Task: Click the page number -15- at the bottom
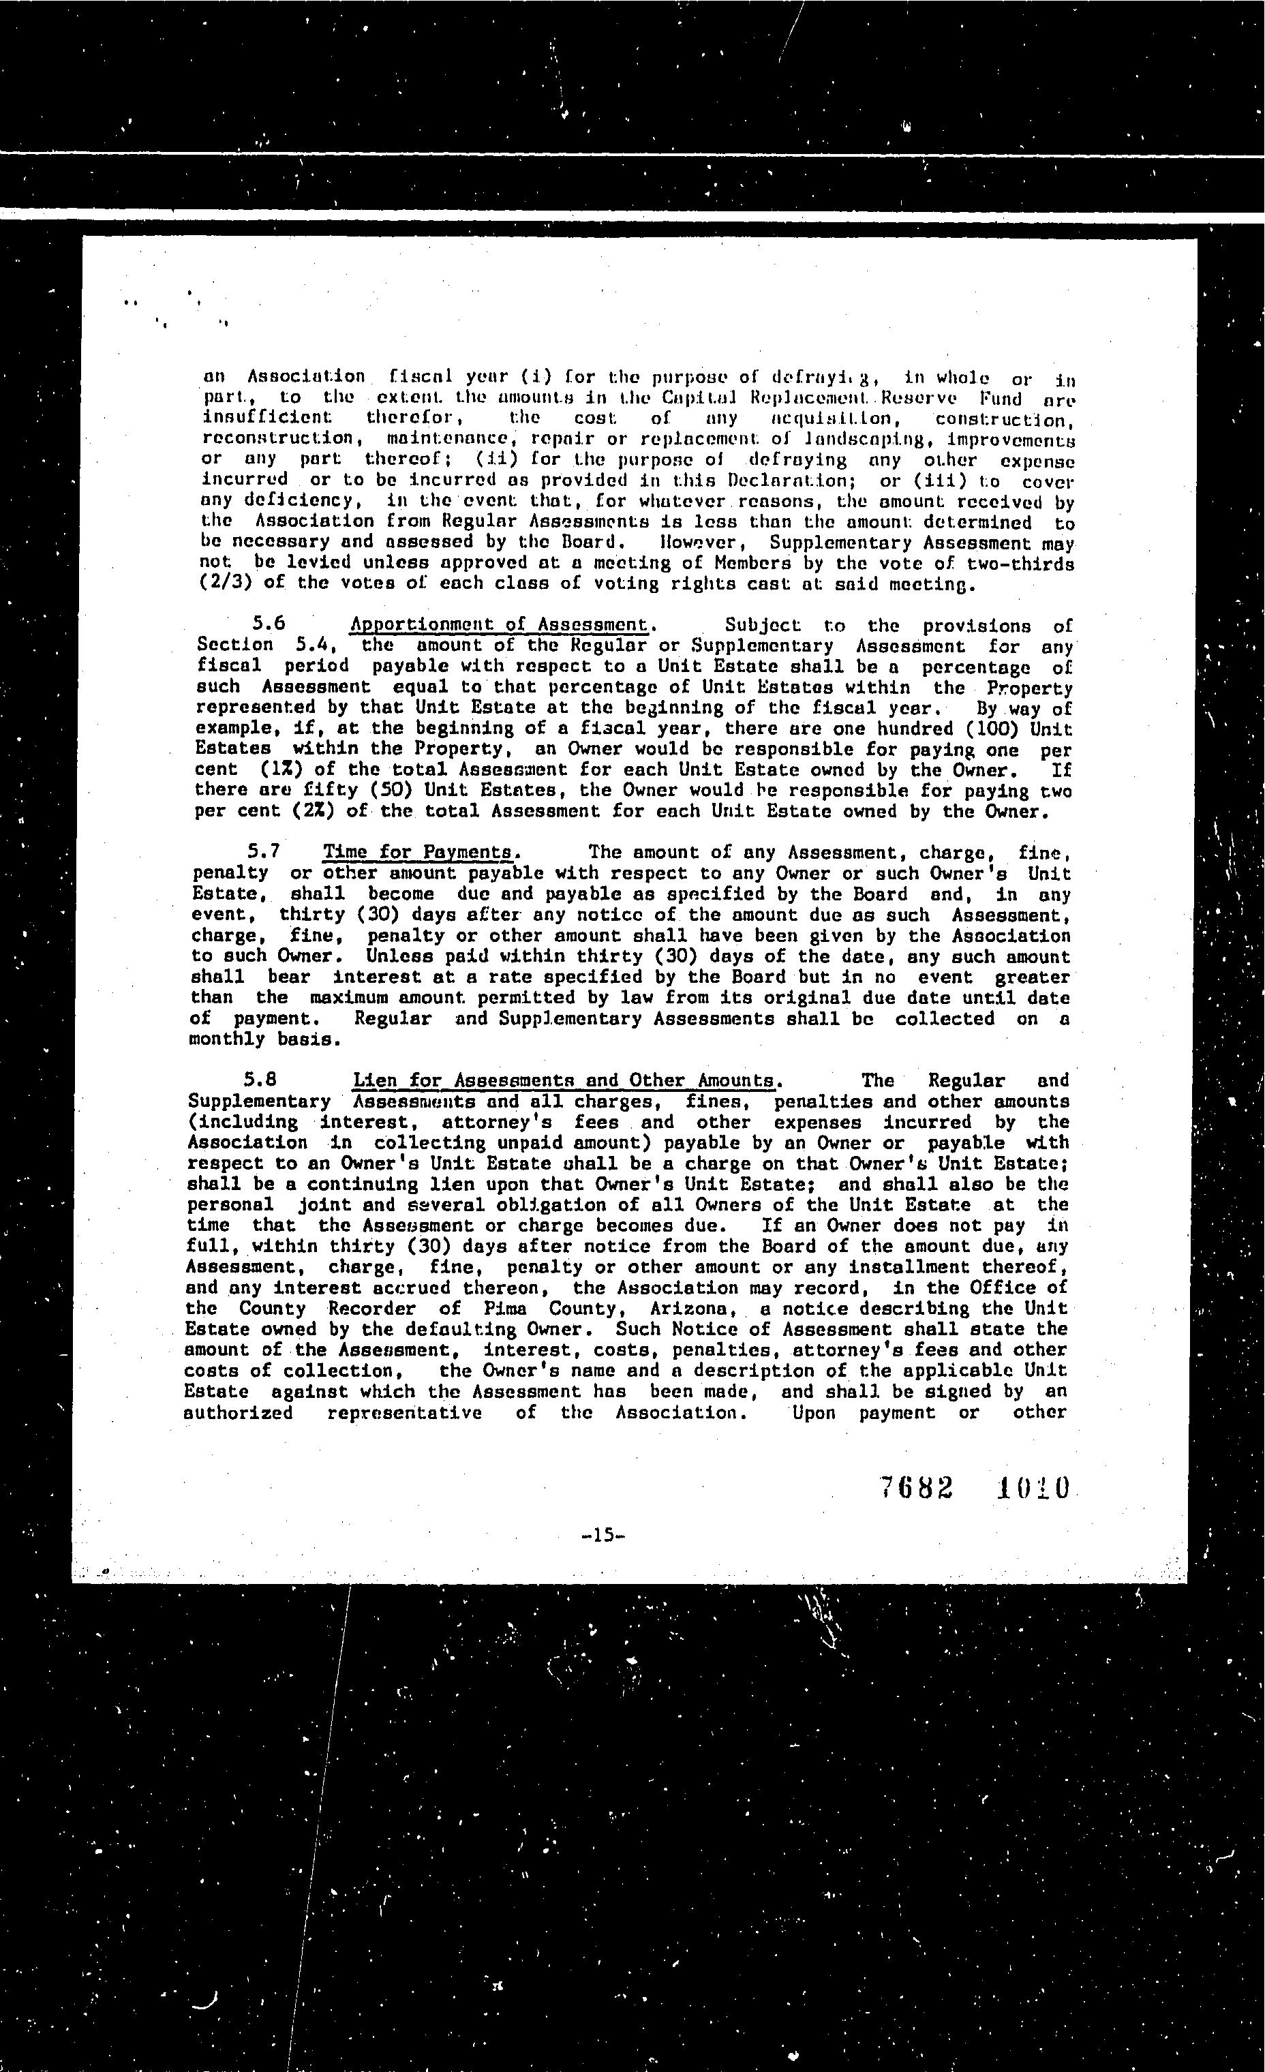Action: point(603,1535)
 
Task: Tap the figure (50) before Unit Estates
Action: point(393,791)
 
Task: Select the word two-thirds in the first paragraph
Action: point(1020,562)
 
